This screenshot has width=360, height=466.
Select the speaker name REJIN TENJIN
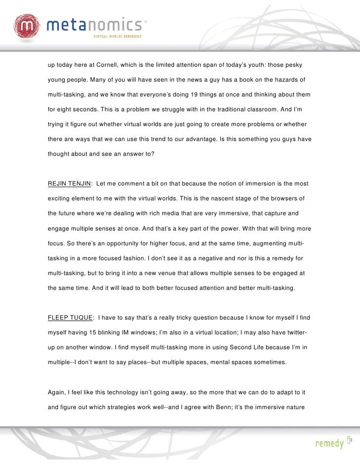[x=69, y=184]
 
